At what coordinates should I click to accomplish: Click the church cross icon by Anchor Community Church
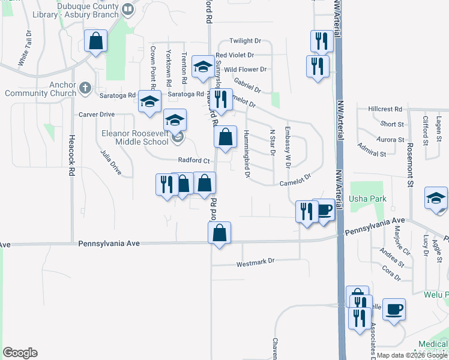pos(86,89)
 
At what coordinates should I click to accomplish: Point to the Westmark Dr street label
pos(255,261)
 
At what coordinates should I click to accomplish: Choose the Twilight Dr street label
pos(246,41)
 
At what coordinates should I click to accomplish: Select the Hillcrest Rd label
pos(385,109)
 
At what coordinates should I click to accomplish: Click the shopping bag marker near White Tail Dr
pos(95,41)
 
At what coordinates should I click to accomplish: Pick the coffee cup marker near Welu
pos(394,310)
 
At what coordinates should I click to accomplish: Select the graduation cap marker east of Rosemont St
pos(436,199)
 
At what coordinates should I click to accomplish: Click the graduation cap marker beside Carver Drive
pos(149,101)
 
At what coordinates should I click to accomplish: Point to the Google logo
pos(20,353)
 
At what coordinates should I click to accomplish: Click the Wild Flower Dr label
pos(245,70)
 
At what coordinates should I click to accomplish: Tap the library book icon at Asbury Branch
pos(127,9)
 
